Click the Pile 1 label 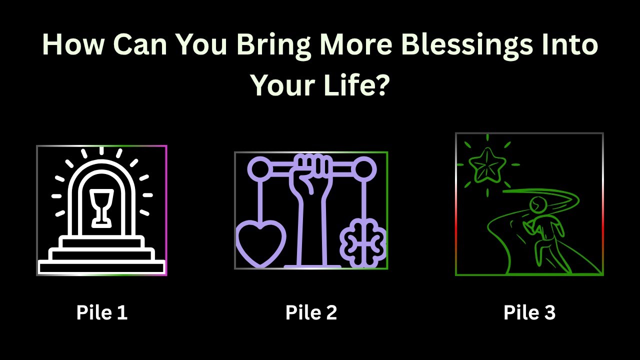point(102,312)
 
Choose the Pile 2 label point(311,312)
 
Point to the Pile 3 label point(529,312)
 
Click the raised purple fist point(310,172)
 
